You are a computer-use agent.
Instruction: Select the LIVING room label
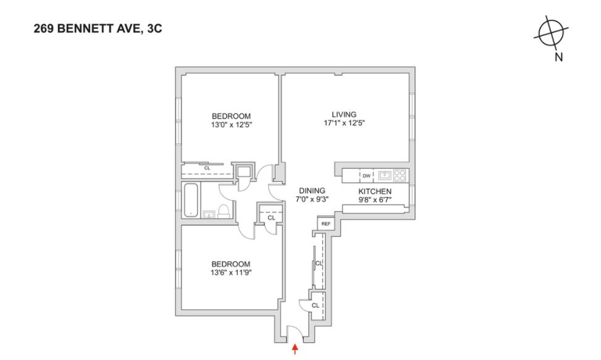pyautogui.click(x=344, y=114)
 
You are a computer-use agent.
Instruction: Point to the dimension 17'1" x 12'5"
pyautogui.click(x=344, y=123)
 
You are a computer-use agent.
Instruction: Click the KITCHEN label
pyautogui.click(x=375, y=191)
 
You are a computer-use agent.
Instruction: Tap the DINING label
pyautogui.click(x=313, y=190)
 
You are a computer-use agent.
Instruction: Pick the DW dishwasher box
pyautogui.click(x=366, y=175)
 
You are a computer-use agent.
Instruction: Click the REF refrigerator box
pyautogui.click(x=326, y=224)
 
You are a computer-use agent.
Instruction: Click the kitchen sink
pyautogui.click(x=384, y=175)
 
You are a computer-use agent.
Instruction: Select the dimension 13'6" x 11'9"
pyautogui.click(x=232, y=272)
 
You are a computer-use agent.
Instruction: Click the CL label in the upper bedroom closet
pyautogui.click(x=207, y=167)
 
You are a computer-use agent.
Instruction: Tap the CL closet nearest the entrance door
pyautogui.click(x=315, y=305)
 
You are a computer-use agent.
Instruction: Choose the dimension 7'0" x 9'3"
pyautogui.click(x=313, y=199)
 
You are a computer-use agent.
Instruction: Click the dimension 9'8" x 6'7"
pyautogui.click(x=375, y=200)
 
